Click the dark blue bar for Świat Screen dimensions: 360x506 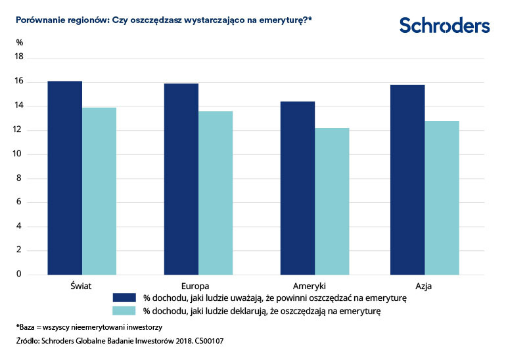[64, 177]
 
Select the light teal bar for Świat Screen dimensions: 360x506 [99, 191]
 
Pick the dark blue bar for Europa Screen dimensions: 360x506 [181, 179]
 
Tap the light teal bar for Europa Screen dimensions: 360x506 [216, 192]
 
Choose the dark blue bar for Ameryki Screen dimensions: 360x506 [297, 188]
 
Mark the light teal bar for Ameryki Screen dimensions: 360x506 [332, 201]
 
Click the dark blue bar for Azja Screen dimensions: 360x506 [407, 179]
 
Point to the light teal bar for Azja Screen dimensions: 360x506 [442, 197]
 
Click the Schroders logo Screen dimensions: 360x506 [444, 26]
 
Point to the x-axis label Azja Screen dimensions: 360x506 [424, 286]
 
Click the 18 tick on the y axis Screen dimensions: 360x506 [19, 57]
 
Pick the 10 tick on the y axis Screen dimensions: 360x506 [19, 154]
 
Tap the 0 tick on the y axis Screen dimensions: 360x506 [19, 274]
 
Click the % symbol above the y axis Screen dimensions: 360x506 [20, 43]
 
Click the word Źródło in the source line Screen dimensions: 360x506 [28, 342]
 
